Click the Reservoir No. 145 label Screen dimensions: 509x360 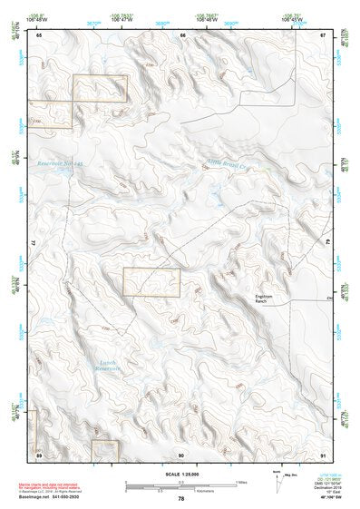click(60, 164)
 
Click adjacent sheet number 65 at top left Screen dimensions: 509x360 click(39, 34)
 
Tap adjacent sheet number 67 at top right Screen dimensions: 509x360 click(324, 34)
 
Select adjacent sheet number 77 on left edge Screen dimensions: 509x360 click(34, 243)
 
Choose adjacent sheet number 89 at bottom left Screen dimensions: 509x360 click(39, 453)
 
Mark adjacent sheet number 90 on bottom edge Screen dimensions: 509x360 click(182, 453)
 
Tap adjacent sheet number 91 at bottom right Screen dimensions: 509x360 click(324, 453)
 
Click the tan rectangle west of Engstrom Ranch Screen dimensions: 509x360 click(151, 282)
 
